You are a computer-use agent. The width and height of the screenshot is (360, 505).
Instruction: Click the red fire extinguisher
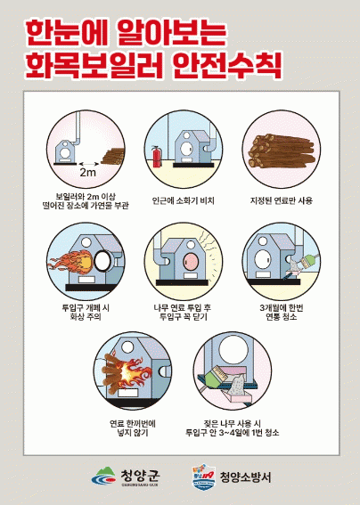point(157,157)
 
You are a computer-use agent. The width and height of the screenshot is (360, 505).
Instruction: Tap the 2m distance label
point(87,173)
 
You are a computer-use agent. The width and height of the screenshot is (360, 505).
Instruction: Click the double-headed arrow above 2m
point(89,164)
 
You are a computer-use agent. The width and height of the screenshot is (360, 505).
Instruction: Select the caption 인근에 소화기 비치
point(183,200)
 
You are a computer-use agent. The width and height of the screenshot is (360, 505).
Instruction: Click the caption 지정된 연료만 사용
point(282,200)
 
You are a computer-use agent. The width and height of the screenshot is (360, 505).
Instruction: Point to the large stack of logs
point(282,151)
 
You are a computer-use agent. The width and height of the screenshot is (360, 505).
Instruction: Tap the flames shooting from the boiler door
point(70,261)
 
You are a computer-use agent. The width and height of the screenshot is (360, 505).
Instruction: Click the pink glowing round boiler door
point(191,262)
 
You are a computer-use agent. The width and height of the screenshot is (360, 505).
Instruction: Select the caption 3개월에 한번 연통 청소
point(282,313)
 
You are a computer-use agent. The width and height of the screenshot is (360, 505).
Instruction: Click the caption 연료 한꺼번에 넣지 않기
point(133,428)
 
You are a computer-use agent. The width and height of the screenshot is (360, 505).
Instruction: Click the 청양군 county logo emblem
point(103,476)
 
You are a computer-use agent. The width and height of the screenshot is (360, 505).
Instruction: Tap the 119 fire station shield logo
point(203,477)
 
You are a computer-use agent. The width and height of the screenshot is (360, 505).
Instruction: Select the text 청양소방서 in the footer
point(245,477)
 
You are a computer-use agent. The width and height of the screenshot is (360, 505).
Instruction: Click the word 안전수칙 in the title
point(227,65)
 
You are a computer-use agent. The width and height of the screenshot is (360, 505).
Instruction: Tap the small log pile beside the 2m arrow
point(113,156)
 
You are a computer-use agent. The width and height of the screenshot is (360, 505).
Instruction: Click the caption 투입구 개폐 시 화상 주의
point(86,313)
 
